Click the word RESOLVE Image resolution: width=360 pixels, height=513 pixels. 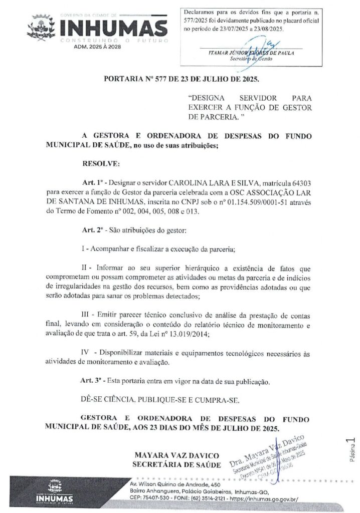tap(101, 164)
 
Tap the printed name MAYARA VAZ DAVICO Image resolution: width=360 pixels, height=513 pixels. tap(177, 455)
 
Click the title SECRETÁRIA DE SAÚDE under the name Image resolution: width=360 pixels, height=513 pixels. tap(176, 464)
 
